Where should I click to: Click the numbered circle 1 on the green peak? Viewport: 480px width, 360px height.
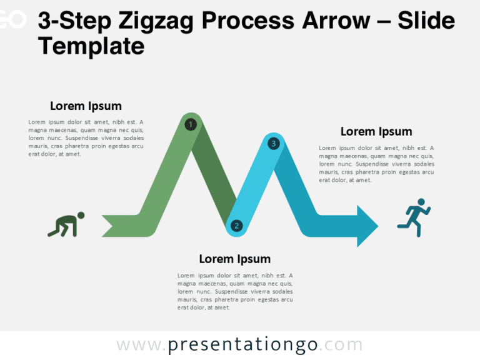[x=191, y=124]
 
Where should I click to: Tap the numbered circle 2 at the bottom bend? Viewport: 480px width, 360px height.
[x=236, y=226]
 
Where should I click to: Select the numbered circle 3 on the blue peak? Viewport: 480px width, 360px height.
[x=273, y=144]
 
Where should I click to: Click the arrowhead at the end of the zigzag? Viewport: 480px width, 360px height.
[x=367, y=226]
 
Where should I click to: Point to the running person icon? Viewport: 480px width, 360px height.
[x=414, y=217]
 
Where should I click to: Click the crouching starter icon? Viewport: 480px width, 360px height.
[x=66, y=225]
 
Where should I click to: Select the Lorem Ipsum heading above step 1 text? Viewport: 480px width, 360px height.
[x=86, y=106]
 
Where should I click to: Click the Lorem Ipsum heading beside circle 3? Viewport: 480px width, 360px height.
[x=376, y=131]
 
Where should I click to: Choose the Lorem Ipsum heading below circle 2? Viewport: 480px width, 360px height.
[x=234, y=259]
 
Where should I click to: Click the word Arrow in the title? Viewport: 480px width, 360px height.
[x=335, y=21]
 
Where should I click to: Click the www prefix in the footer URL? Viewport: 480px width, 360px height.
[x=138, y=345]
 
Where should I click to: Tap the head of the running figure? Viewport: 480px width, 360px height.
[x=421, y=202]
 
